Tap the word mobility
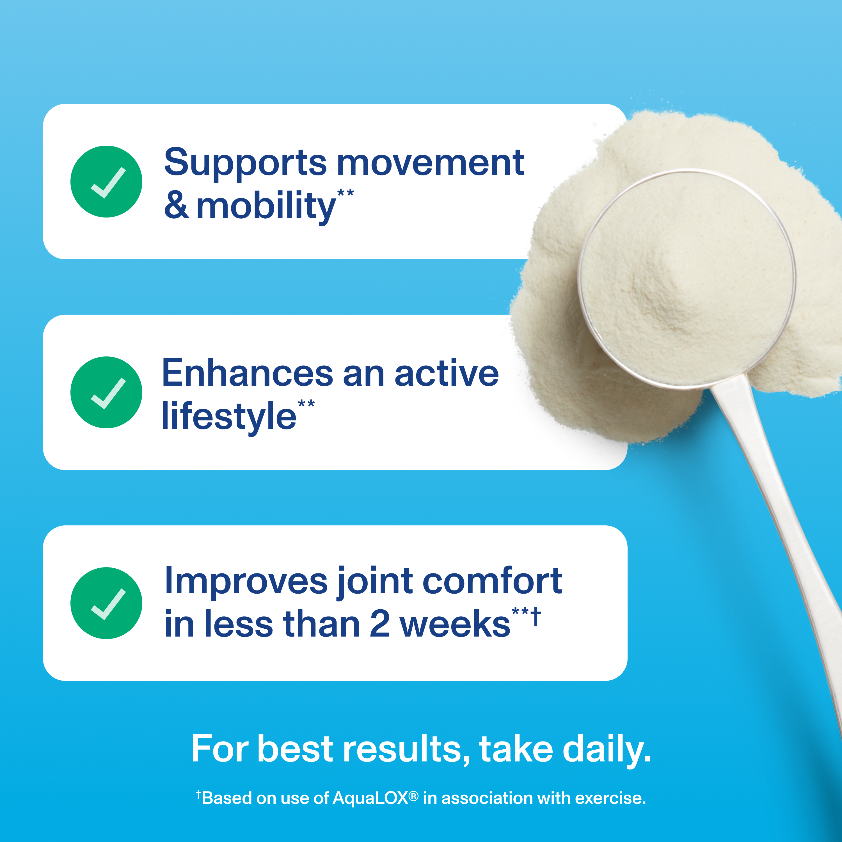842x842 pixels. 266,206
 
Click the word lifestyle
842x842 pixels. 229,416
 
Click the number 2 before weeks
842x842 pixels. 379,624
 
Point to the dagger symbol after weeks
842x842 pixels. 536,617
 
